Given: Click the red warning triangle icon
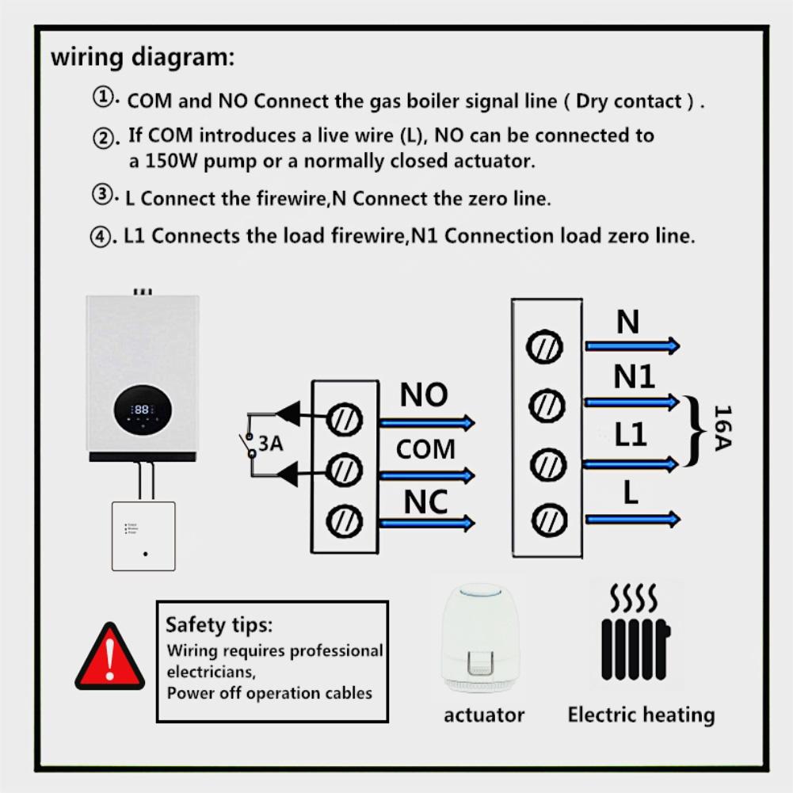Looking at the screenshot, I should pyautogui.click(x=110, y=658).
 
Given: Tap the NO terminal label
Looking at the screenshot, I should pyautogui.click(x=423, y=395).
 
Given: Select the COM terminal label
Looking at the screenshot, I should pyautogui.click(x=425, y=449).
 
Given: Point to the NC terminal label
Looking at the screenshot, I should pyautogui.click(x=425, y=501).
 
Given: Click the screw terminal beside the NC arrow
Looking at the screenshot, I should pyautogui.click(x=345, y=521).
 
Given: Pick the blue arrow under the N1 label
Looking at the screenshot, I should pyautogui.click(x=631, y=402).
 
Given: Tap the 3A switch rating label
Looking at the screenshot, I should pyautogui.click(x=270, y=443).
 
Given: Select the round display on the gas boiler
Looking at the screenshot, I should pyautogui.click(x=143, y=409).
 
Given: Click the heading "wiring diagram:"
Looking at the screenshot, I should pyautogui.click(x=143, y=58).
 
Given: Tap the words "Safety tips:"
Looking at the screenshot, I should pyautogui.click(x=218, y=624).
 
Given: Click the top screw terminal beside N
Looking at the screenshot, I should pyautogui.click(x=546, y=346).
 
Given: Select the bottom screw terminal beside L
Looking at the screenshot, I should pyautogui.click(x=546, y=520).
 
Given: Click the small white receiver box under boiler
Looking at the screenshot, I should pyautogui.click(x=143, y=536).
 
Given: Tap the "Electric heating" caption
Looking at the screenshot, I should pyautogui.click(x=641, y=715).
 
